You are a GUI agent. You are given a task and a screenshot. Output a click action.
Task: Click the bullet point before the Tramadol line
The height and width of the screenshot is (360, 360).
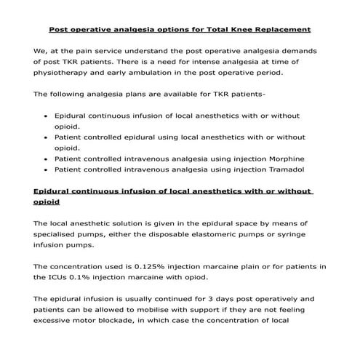[x=47, y=170]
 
